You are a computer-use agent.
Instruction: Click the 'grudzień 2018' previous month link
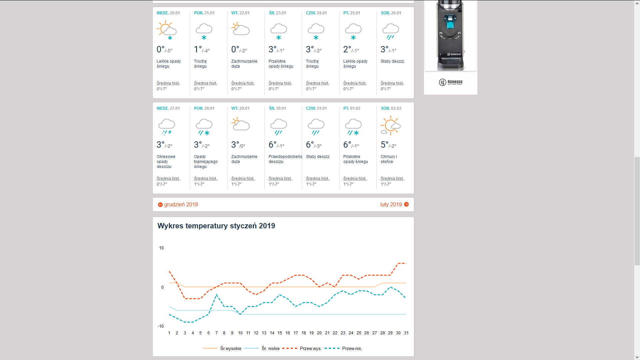tap(178, 205)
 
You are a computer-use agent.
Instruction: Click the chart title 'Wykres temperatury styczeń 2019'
tap(216, 226)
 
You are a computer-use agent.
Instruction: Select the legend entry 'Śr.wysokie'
tap(231, 349)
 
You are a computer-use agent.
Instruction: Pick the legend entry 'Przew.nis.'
tap(352, 349)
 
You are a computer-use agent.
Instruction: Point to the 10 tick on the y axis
tap(161, 248)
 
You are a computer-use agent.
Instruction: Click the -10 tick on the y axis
tap(161, 326)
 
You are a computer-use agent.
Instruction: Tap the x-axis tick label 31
tap(406, 333)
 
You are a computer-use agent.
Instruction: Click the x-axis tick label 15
tap(280, 333)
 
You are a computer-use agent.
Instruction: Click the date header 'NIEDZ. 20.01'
tap(168, 13)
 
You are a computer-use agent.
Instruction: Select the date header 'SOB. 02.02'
tap(391, 108)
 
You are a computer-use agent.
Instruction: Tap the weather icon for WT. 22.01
tap(241, 29)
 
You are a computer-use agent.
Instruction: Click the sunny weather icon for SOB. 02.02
tap(391, 125)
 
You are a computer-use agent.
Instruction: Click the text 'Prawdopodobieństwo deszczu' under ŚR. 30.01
tap(285, 159)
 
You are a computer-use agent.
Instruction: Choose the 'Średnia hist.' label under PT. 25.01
tap(355, 83)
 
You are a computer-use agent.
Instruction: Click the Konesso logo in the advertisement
tap(451, 82)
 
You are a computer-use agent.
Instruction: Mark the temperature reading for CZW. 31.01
tap(314, 145)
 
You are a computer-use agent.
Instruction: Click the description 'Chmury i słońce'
tap(389, 159)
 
